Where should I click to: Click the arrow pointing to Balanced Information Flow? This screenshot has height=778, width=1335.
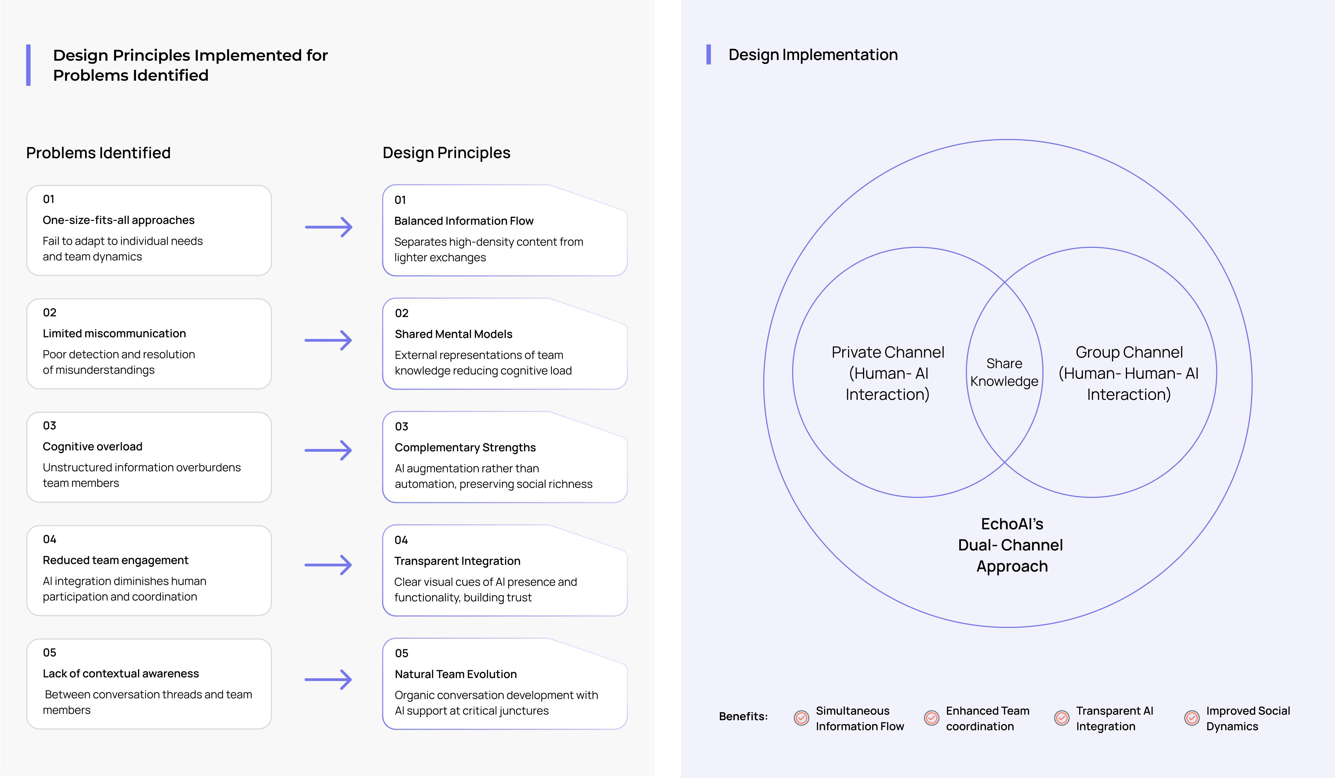coord(328,227)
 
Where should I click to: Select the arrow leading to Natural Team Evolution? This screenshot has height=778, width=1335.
coord(328,680)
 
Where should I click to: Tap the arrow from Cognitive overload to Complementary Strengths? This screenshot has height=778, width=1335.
coord(328,450)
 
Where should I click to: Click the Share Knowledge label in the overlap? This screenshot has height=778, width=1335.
coord(1004,372)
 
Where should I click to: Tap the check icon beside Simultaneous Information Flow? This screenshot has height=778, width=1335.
coord(802,718)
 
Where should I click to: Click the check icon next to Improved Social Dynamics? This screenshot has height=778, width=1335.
coord(1192,718)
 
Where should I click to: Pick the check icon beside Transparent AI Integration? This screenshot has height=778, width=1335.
coord(1062,718)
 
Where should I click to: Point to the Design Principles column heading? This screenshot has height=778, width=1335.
coord(446,153)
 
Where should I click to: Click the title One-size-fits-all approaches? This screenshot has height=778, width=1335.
coord(119,220)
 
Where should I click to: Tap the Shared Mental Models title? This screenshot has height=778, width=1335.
coord(453,334)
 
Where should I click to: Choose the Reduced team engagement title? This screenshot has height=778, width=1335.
coord(115,560)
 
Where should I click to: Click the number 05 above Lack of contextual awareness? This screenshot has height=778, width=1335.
coord(49,653)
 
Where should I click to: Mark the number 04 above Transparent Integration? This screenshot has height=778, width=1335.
coord(401,540)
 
